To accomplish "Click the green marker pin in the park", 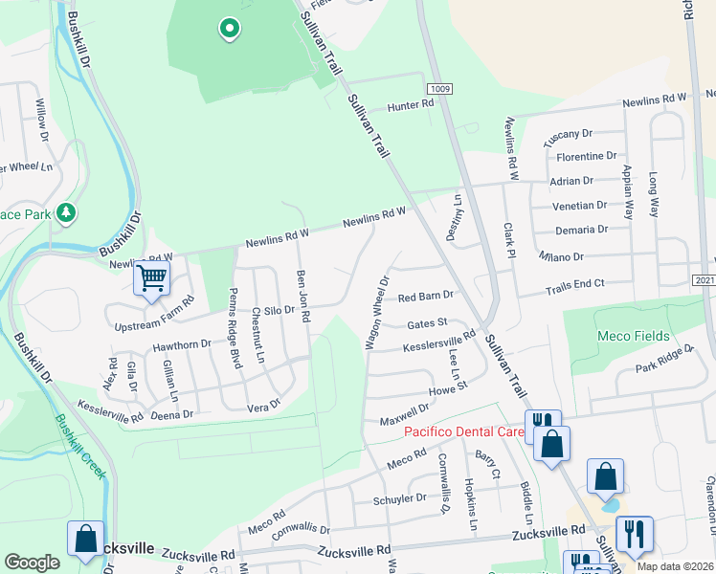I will click(x=229, y=30).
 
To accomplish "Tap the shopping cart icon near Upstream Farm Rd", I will click(x=151, y=278).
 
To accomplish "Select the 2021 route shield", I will click(x=704, y=280).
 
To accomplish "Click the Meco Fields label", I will click(x=633, y=336).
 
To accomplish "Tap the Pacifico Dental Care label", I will click(x=463, y=431).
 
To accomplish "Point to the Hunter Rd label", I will click(x=411, y=104).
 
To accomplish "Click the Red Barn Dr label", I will click(x=425, y=297).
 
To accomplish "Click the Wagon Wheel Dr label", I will click(x=376, y=313).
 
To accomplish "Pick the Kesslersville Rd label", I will click(x=441, y=342).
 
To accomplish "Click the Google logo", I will click(x=32, y=563).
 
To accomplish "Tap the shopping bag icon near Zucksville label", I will click(x=85, y=538).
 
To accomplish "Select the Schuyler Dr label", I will click(x=401, y=498).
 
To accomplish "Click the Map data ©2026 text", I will click(x=676, y=566).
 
